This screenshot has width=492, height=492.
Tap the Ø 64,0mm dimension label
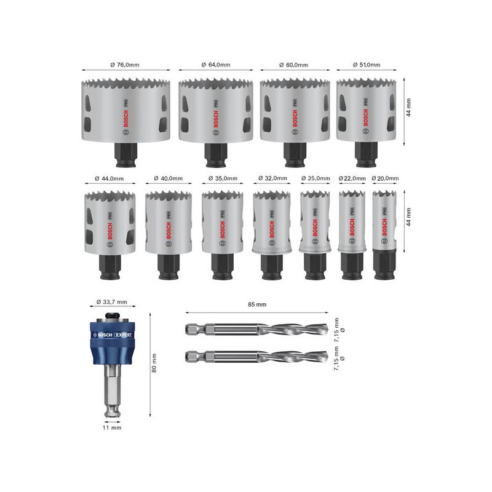[x=215, y=65]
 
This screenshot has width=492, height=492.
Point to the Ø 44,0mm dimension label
[x=109, y=178]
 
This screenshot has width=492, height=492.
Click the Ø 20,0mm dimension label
[x=384, y=178]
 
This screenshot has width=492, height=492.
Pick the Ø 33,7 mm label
[x=112, y=302]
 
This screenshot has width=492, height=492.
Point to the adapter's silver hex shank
[x=112, y=387]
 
